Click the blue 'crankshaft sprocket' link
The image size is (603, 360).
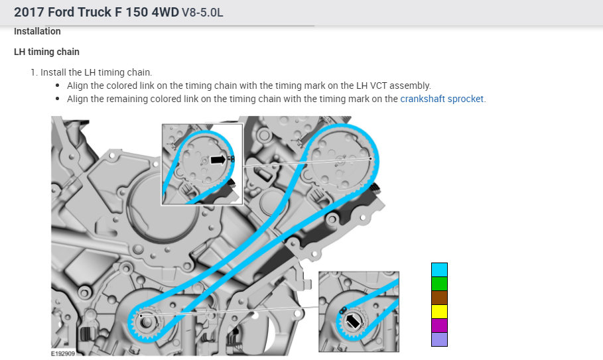click(x=442, y=99)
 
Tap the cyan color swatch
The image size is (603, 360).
click(x=439, y=270)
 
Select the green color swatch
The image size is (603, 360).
click(x=439, y=284)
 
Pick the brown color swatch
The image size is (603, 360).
click(x=439, y=298)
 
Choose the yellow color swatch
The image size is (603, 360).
click(x=439, y=312)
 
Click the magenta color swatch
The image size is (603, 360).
click(x=439, y=326)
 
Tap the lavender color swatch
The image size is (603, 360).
click(x=439, y=339)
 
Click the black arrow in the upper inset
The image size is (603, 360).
click(x=218, y=159)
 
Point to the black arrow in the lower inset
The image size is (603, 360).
click(x=353, y=321)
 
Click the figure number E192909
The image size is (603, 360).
click(x=63, y=353)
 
